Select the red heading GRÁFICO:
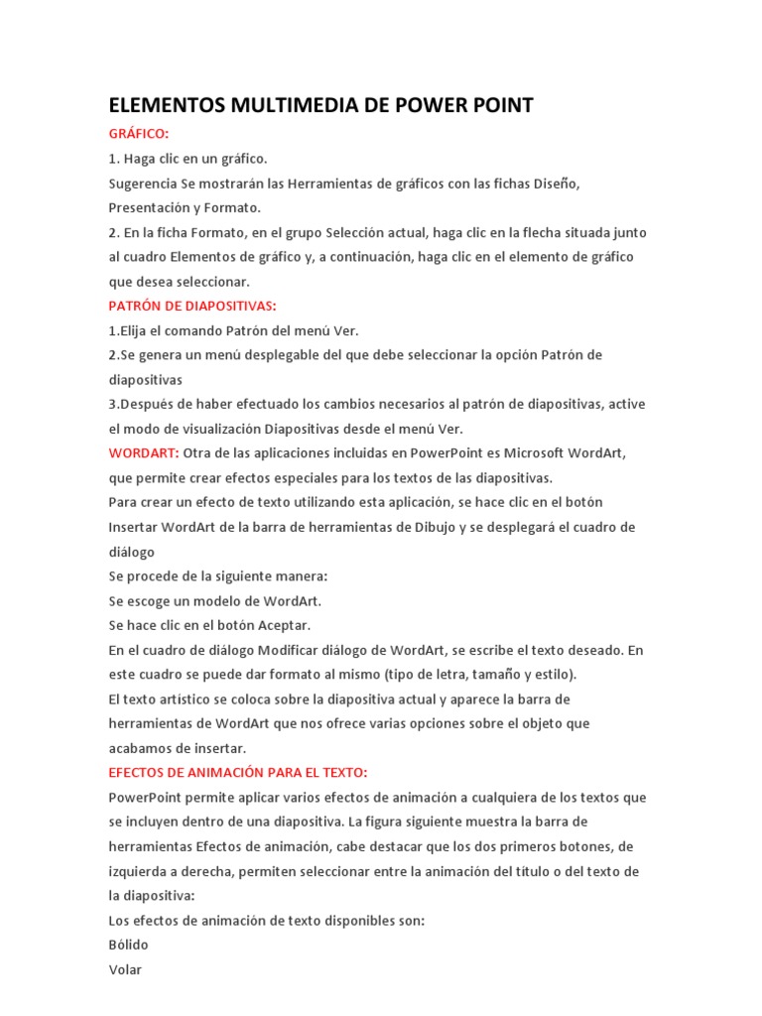[139, 133]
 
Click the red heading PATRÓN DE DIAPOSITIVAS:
[192, 306]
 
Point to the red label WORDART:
[144, 453]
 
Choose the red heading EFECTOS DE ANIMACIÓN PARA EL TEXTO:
[238, 772]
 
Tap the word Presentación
[155, 208]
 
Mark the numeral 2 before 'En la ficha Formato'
[112, 232]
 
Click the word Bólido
[128, 945]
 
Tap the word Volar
[125, 969]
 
